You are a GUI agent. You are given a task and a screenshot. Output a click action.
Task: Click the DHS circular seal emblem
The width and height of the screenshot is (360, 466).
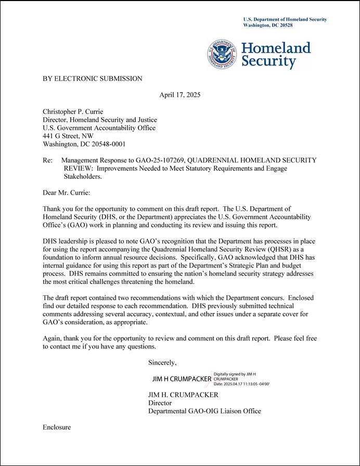[223, 55]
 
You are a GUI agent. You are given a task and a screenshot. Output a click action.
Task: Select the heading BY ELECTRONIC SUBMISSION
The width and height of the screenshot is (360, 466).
[92, 79]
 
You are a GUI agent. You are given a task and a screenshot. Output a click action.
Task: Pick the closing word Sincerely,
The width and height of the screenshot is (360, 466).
[162, 362]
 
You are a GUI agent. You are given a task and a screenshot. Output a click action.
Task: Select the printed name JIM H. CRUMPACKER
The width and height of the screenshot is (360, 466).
[183, 395]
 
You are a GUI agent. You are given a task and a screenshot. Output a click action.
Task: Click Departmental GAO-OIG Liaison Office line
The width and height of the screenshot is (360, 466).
[204, 411]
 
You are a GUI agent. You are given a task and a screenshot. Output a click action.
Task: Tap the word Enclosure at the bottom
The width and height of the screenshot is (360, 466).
[57, 427]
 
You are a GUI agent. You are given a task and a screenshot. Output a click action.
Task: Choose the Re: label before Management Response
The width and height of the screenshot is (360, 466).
[48, 160]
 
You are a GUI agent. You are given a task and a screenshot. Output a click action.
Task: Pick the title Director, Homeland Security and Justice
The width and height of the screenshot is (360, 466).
[99, 120]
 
